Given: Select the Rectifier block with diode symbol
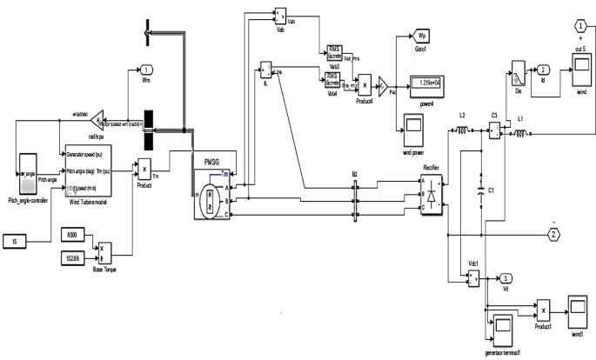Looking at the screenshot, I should coord(432,192).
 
